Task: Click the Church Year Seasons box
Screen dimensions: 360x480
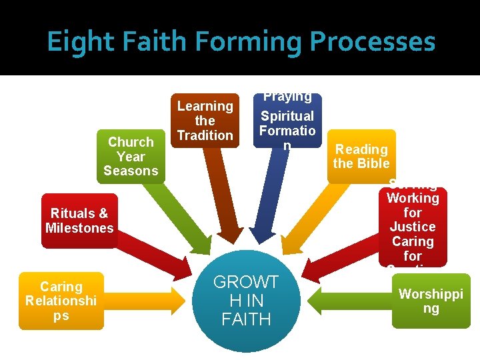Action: pos(130,156)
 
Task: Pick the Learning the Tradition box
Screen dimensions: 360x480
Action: pos(205,121)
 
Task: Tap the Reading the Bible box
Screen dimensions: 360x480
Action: pos(361,156)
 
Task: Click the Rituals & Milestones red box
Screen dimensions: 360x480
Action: pos(79,221)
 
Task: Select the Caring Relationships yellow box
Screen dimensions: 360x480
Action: pos(61,301)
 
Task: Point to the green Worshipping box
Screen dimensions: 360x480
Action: pos(431,301)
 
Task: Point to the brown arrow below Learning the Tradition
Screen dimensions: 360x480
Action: pos(223,200)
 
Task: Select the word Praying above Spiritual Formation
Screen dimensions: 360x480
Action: pos(287,97)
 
